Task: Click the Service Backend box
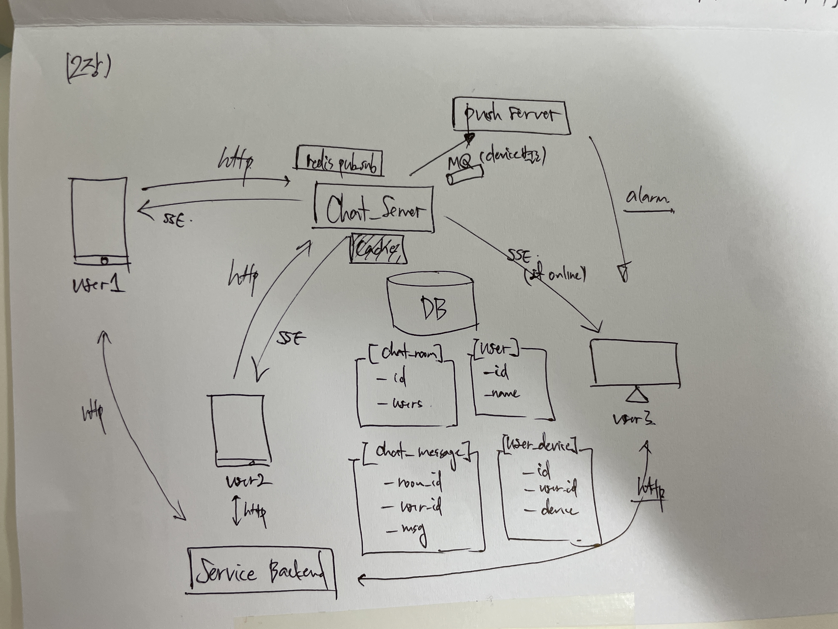click(x=261, y=572)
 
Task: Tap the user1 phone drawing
click(x=100, y=220)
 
